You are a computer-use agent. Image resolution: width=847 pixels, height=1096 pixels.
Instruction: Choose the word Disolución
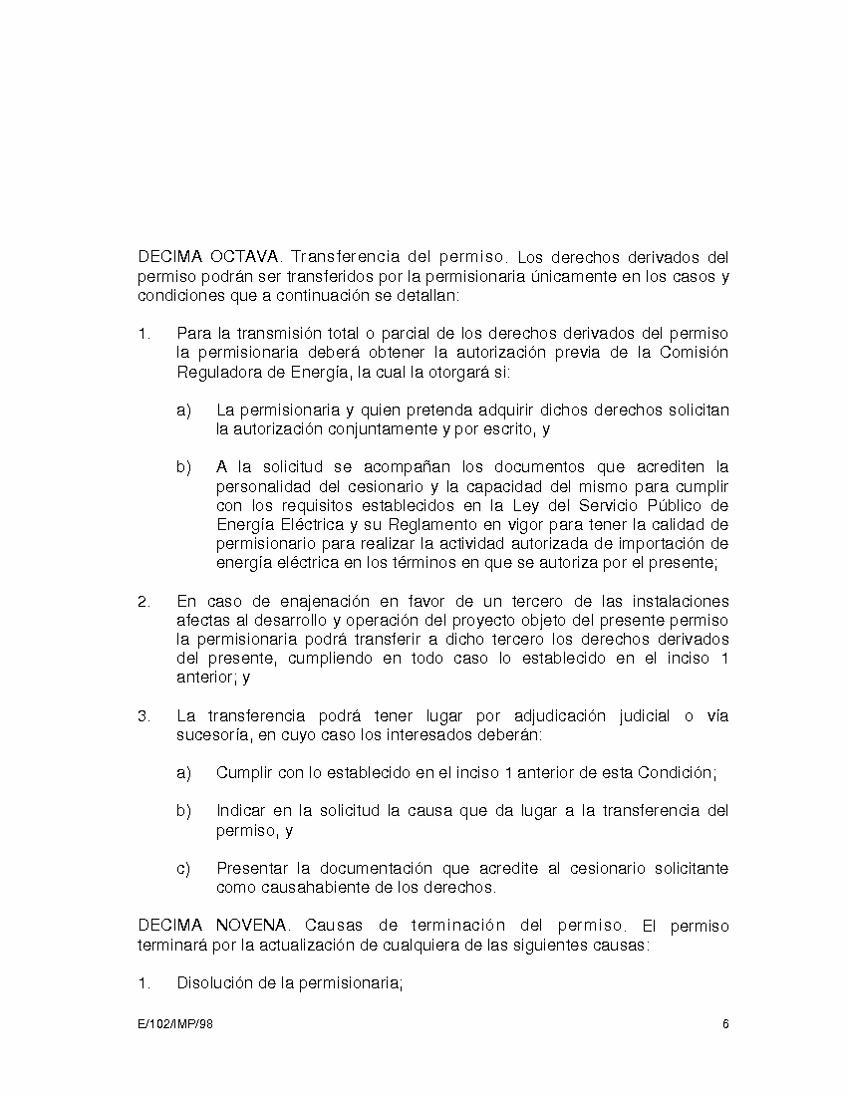[x=218, y=983]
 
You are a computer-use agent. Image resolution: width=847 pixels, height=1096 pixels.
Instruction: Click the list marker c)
[x=183, y=868]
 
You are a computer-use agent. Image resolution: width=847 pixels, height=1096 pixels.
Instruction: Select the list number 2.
[x=143, y=601]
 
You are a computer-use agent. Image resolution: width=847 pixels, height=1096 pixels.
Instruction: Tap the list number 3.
[x=143, y=716]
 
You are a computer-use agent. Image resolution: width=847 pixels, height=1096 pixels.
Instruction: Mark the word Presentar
[x=253, y=868]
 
